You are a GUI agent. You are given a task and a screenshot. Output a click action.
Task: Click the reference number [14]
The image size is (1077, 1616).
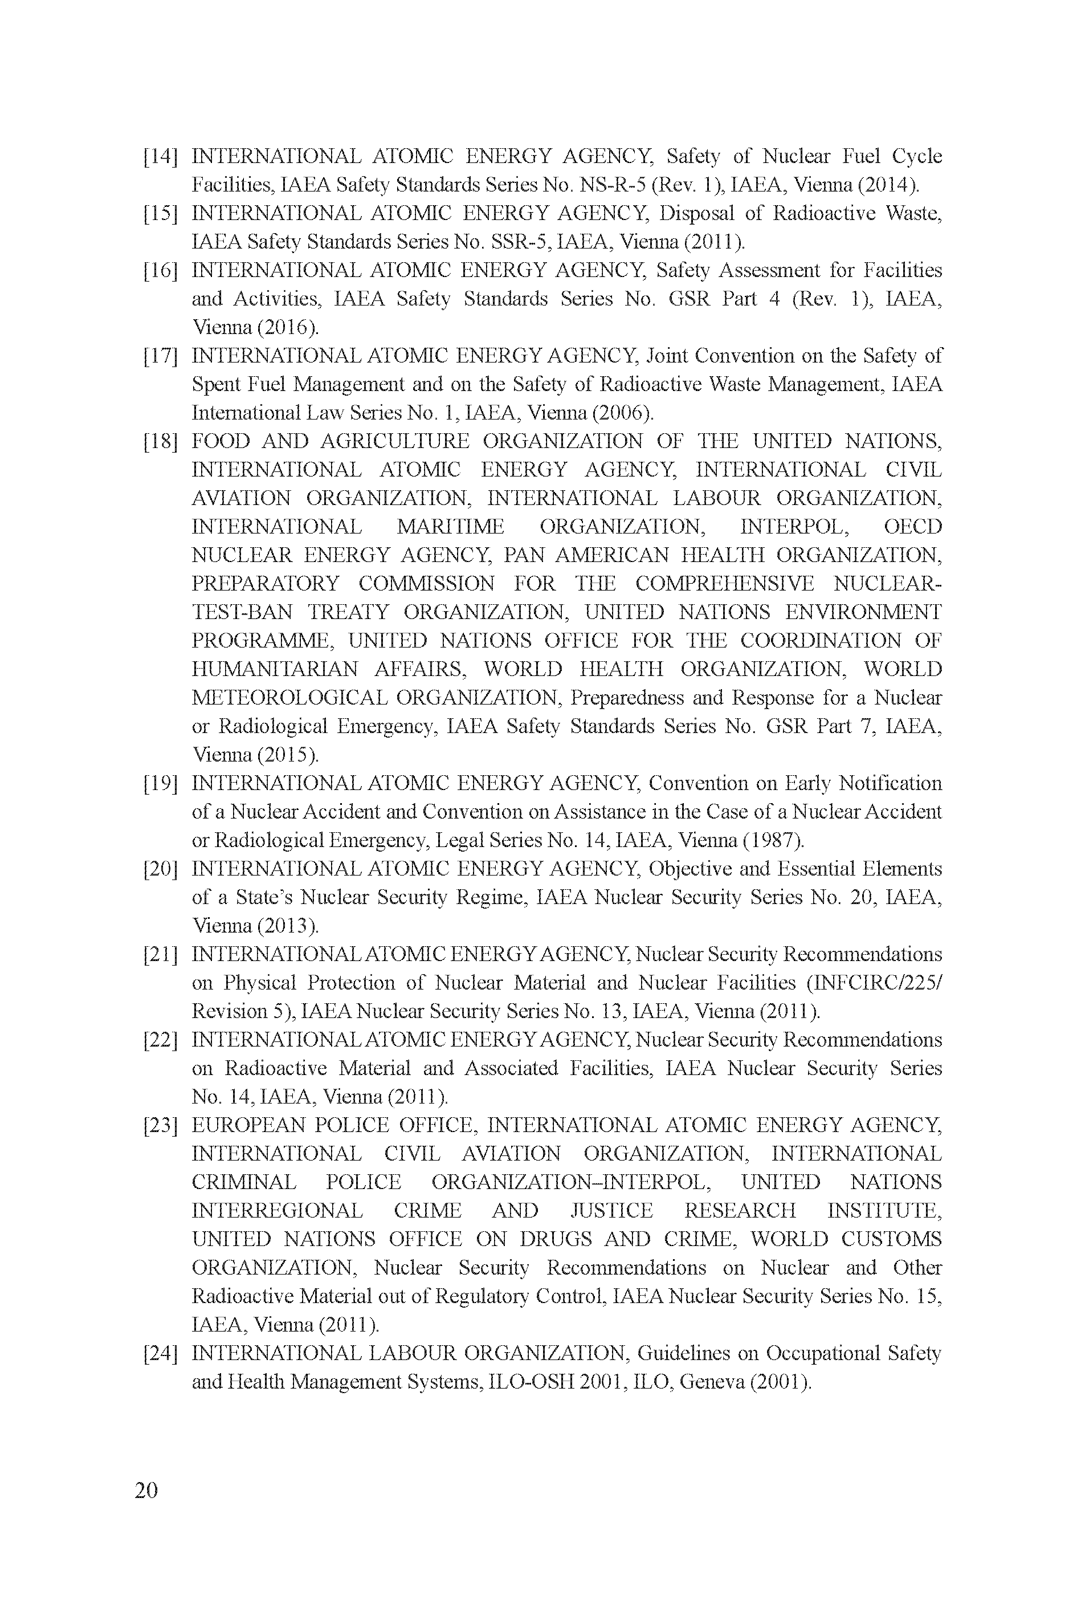click(x=160, y=157)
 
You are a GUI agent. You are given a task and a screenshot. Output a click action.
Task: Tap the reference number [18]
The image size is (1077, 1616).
click(x=160, y=441)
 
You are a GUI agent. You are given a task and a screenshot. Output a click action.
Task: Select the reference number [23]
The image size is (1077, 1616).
click(x=160, y=1125)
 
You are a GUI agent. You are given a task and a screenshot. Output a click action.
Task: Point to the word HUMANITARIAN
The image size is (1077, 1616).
click(x=274, y=669)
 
